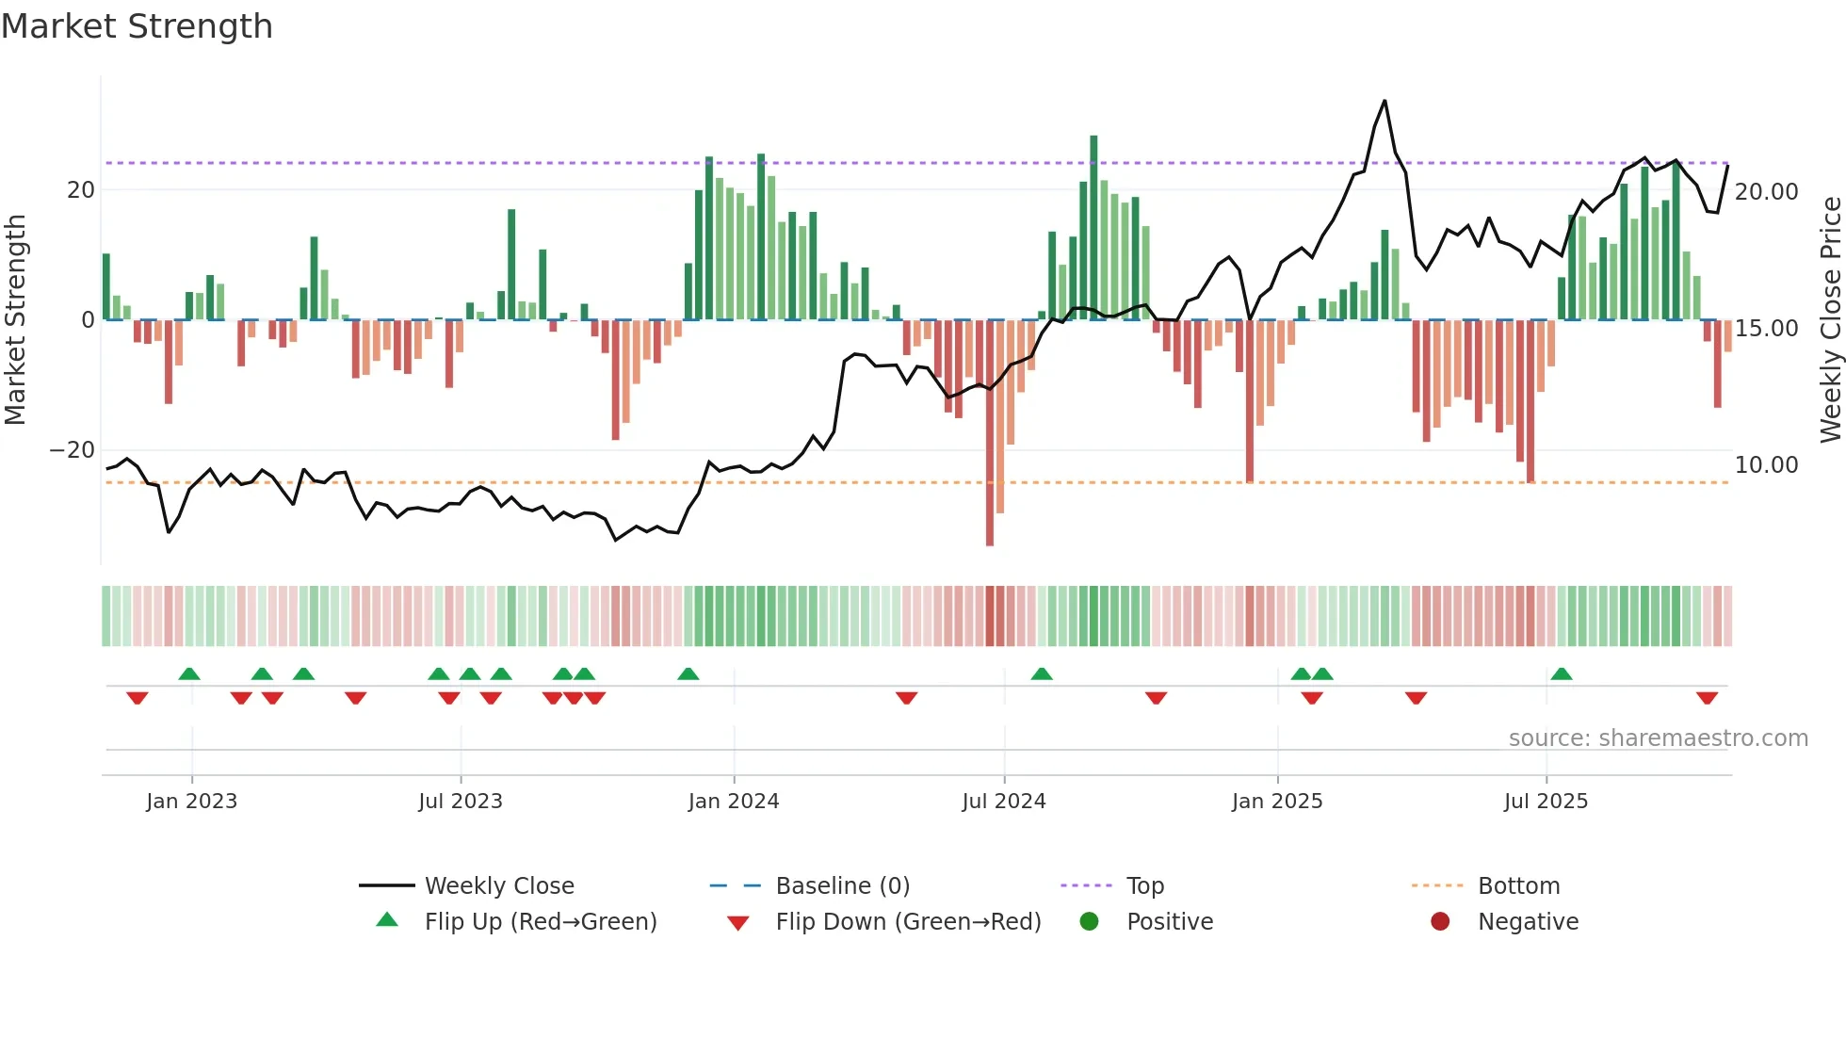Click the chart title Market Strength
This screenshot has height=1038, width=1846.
[137, 26]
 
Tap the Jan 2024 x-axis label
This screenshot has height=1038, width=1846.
[734, 802]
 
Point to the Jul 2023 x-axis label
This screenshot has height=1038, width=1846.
[461, 802]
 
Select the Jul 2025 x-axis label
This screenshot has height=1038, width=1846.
[1546, 802]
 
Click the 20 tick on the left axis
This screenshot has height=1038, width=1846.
[81, 190]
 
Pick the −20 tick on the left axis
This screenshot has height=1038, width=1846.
[73, 450]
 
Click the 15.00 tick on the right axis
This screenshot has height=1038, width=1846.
[1766, 329]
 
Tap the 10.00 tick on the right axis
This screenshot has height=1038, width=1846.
[1766, 465]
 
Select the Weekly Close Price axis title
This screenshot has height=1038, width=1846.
[1830, 320]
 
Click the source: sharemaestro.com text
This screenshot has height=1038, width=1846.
[1658, 738]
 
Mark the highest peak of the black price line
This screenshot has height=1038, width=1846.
[1384, 101]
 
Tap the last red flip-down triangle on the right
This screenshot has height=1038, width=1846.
[1707, 698]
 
